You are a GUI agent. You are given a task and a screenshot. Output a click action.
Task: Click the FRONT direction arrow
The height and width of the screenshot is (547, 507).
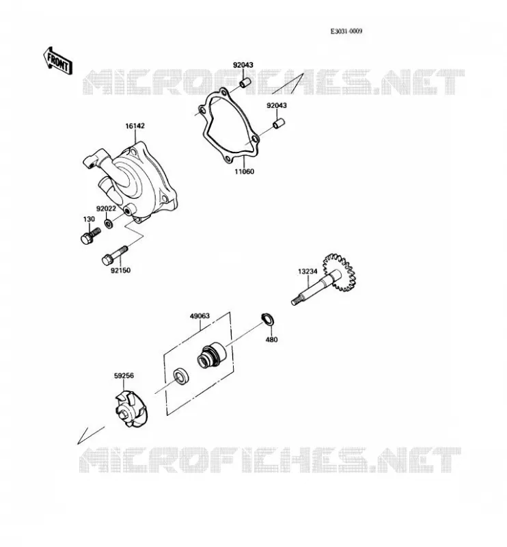(x=58, y=61)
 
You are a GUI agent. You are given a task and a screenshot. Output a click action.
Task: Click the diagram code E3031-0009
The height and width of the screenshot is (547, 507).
(x=346, y=31)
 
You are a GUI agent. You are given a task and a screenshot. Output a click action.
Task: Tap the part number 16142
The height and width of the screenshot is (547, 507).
(x=135, y=126)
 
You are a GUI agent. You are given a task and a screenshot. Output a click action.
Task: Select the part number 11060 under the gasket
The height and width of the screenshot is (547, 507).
(x=244, y=172)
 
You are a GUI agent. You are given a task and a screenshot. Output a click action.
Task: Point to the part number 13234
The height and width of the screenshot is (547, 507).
(x=307, y=271)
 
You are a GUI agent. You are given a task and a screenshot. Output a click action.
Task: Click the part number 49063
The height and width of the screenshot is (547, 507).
(x=200, y=316)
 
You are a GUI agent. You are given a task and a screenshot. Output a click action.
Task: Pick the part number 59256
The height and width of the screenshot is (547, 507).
(x=124, y=375)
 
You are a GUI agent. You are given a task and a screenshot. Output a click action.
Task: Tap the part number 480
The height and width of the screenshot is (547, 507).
(x=272, y=339)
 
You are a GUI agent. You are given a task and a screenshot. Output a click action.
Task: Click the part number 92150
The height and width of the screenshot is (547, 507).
(x=121, y=270)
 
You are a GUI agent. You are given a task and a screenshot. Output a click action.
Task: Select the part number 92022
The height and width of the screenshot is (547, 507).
(x=106, y=209)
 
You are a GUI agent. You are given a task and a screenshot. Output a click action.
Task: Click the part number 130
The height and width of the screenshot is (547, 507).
(x=89, y=219)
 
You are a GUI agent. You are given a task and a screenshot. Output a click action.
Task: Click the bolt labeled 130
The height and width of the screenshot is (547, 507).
(x=90, y=236)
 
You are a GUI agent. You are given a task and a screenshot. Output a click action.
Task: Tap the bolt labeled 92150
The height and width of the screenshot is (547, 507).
(x=115, y=255)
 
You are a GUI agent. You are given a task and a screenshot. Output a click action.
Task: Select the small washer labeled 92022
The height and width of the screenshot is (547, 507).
(x=109, y=224)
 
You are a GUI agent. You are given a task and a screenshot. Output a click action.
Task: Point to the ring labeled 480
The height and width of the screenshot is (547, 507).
(x=268, y=319)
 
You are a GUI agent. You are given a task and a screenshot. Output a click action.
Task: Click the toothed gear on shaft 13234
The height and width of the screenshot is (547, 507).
(x=340, y=272)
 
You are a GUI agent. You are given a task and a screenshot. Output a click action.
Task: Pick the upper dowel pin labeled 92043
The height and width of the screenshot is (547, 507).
(x=245, y=83)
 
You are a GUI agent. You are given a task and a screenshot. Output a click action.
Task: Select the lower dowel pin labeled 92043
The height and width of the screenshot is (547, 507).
(x=279, y=124)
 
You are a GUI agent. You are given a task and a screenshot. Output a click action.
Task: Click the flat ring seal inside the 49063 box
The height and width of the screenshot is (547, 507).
(x=181, y=377)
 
